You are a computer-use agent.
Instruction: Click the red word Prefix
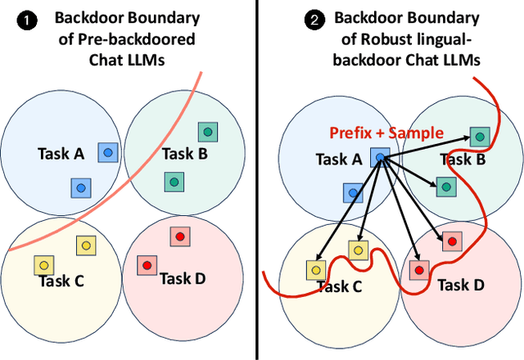[353, 133]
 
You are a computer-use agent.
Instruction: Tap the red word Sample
[418, 133]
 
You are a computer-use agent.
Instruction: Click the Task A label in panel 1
[62, 153]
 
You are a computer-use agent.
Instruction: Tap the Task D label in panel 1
[182, 278]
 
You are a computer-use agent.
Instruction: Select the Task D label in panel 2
[461, 285]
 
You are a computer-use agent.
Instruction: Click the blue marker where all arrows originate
[380, 158]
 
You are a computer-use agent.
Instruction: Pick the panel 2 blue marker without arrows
[353, 193]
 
